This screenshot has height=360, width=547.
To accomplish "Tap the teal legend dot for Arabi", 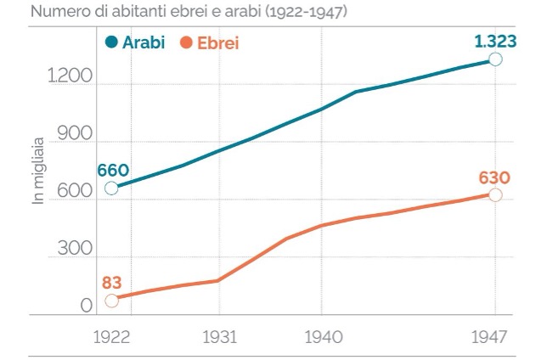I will (111, 42).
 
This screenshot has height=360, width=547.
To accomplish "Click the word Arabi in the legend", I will (144, 42).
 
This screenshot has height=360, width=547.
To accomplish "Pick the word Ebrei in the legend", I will (217, 42).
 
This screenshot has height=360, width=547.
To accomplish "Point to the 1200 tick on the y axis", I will (70, 77).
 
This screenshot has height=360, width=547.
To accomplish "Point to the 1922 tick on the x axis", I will (111, 337).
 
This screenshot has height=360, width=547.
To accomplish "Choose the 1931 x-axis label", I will (218, 337).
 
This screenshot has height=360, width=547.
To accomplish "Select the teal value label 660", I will (112, 168).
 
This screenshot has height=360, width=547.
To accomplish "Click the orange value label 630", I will (494, 177).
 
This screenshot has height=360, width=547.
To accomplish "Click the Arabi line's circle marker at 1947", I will (495, 59).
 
